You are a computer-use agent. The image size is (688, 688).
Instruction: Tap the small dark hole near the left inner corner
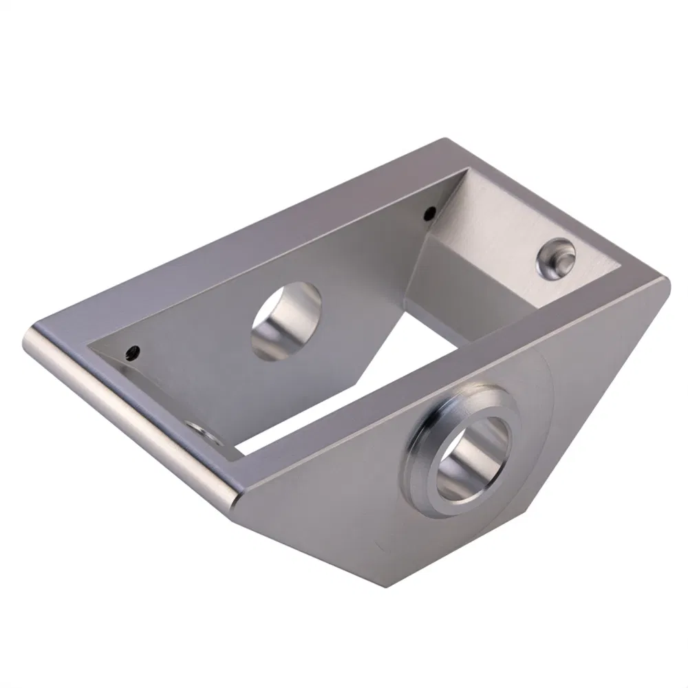pos(131,354)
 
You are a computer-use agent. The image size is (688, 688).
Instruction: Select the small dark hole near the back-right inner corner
pos(429,212)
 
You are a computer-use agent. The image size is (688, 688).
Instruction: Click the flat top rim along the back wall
pos(241,234)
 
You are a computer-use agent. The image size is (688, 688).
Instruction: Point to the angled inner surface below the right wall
pos(475,282)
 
